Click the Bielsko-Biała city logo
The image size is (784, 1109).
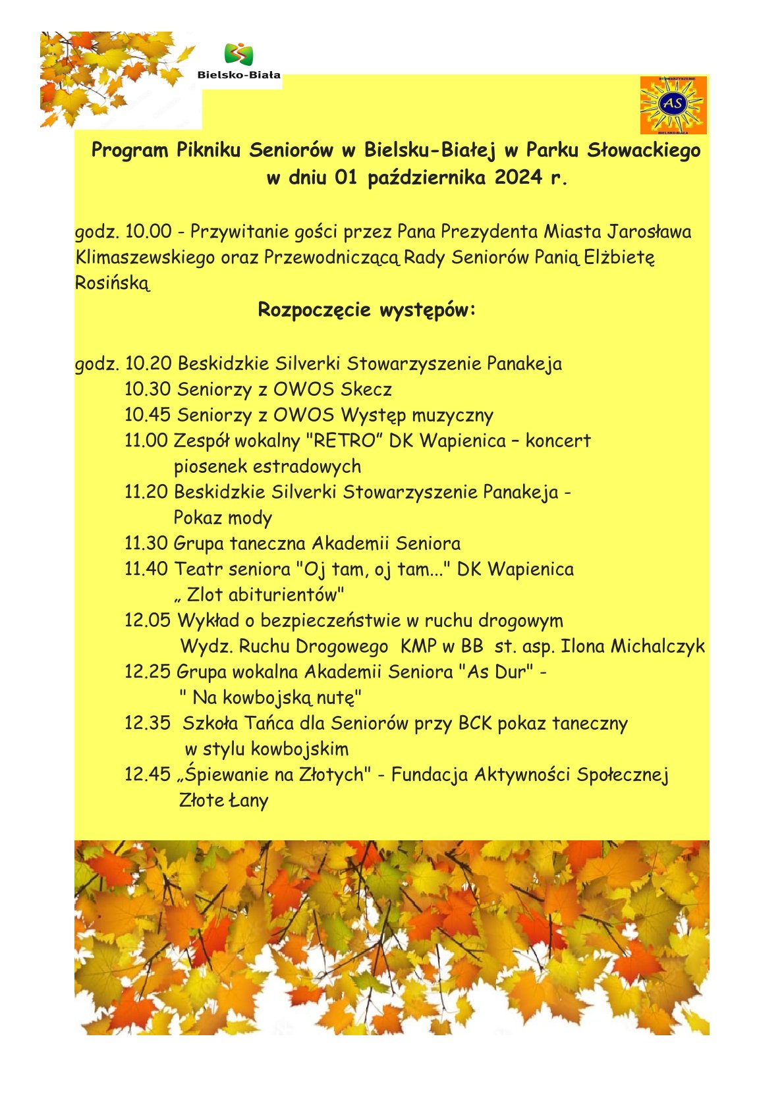pos(239,61)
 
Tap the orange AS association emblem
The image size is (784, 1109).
pos(673,105)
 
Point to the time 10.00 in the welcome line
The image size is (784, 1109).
pos(148,232)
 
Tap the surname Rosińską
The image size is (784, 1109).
pos(113,283)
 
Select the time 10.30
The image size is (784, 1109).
pos(148,389)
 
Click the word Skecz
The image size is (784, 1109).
pos(366,389)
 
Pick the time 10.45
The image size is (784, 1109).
pos(148,415)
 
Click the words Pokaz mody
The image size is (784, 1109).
pos(223,518)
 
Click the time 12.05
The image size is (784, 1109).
pos(148,620)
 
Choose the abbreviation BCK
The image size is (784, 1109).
pos(475,723)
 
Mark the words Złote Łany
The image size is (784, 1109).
pos(223,801)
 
